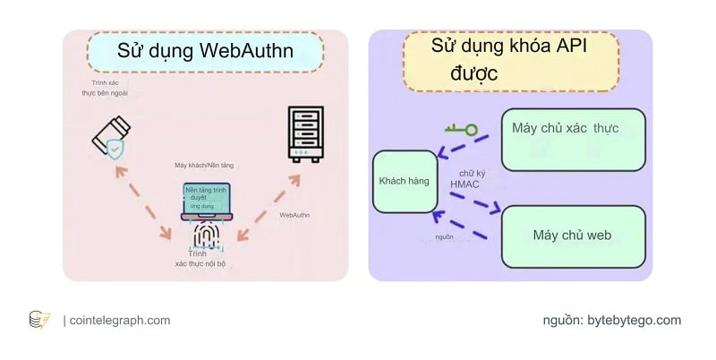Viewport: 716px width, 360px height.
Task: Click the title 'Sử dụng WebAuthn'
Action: (x=205, y=51)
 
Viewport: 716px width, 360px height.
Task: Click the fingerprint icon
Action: (x=207, y=236)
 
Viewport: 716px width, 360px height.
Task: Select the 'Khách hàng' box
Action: (x=404, y=182)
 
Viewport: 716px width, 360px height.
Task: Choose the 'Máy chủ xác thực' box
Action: (x=573, y=139)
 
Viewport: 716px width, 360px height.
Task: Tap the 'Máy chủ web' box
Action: (x=573, y=236)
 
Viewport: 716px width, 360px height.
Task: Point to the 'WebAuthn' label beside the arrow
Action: (x=295, y=216)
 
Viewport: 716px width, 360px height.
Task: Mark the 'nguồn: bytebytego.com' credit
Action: (x=611, y=320)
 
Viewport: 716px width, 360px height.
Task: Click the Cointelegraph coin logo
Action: (x=39, y=320)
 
